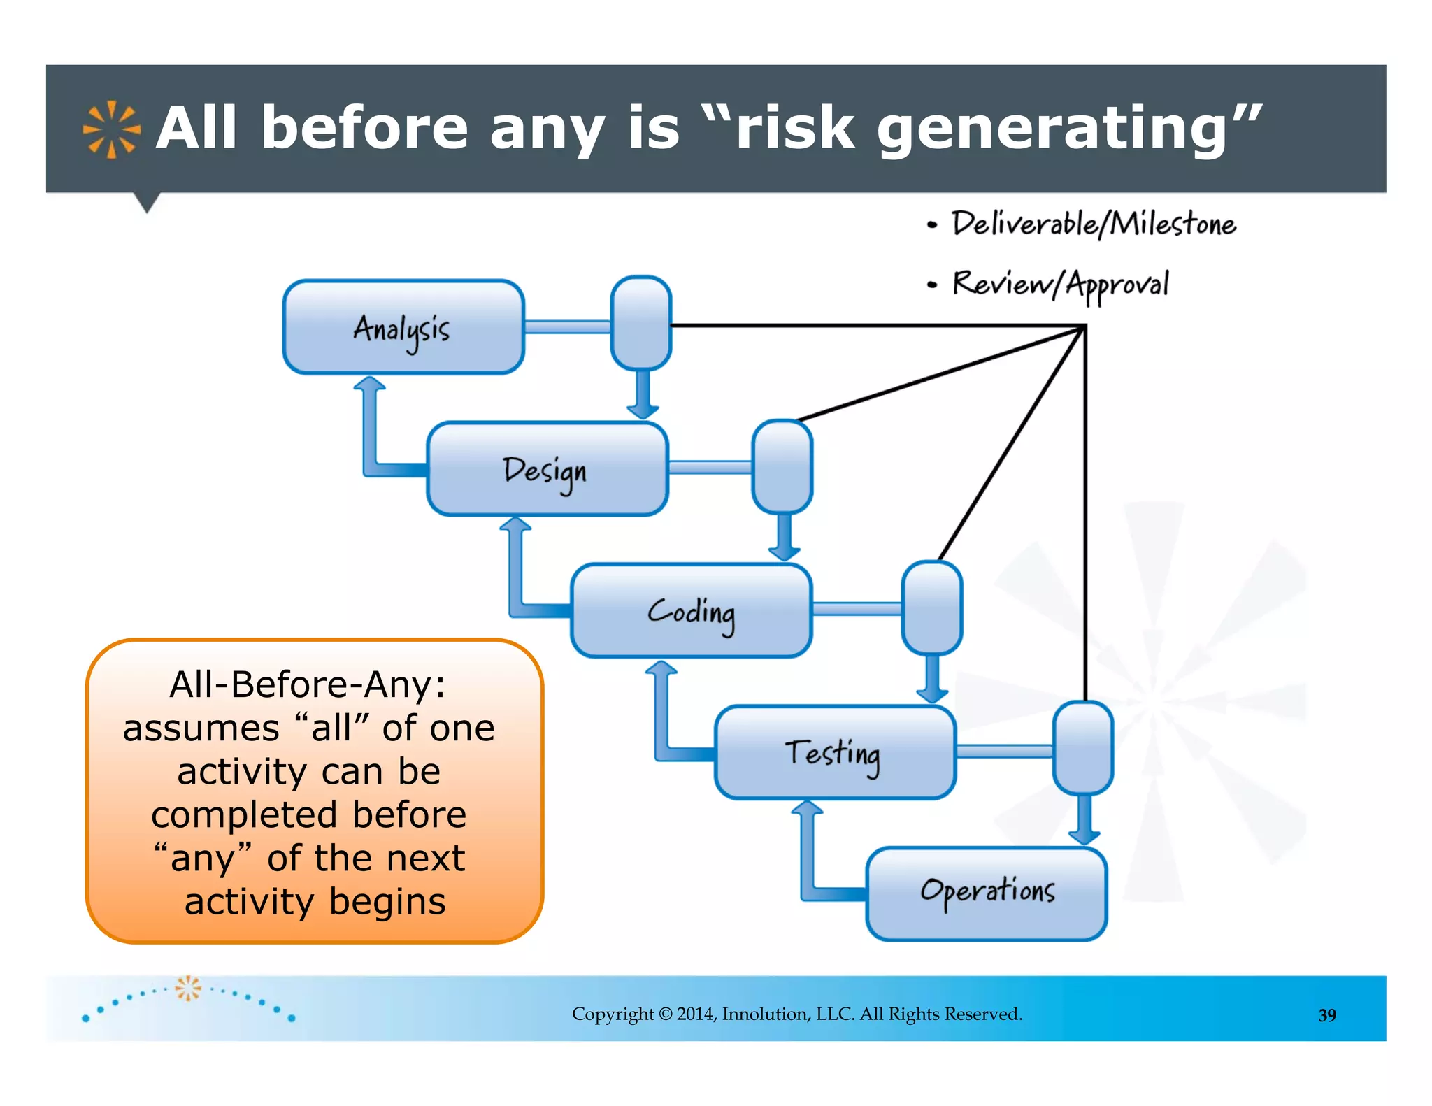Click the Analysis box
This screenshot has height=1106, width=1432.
click(403, 327)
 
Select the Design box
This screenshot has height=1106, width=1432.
click(547, 469)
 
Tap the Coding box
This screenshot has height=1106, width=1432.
click(692, 611)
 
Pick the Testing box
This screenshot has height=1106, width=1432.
click(835, 753)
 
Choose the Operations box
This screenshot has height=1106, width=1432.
click(987, 894)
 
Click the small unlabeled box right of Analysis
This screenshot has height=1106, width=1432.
click(641, 323)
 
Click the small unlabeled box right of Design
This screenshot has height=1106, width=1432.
click(782, 466)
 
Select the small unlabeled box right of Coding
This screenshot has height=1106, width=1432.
click(932, 608)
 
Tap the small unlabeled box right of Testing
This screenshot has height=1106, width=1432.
click(1083, 749)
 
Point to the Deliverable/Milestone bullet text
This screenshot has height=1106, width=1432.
click(1094, 224)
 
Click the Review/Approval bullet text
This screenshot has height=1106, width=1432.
click(1060, 285)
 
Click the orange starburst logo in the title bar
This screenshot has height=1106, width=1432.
click(111, 129)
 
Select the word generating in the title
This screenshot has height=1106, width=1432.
click(1052, 129)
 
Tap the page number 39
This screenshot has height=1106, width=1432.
click(1326, 1015)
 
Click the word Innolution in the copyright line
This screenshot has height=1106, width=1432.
click(765, 1014)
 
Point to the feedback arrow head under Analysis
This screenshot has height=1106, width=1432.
click(369, 383)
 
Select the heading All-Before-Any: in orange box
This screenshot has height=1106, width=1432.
click(308, 684)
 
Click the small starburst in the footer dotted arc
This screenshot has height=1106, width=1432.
click(188, 988)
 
